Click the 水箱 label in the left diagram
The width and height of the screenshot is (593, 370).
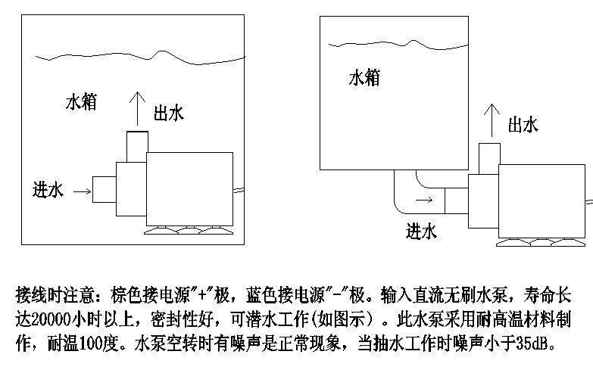(81, 102)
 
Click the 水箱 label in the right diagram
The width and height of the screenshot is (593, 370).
(364, 77)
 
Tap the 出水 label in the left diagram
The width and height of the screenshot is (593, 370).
(168, 113)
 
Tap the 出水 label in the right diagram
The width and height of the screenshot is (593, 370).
(523, 124)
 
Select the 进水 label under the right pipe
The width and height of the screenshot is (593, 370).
(422, 231)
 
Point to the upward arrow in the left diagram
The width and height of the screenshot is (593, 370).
(136, 107)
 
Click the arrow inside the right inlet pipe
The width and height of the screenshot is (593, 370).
(425, 201)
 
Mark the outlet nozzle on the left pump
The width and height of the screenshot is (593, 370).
(136, 141)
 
